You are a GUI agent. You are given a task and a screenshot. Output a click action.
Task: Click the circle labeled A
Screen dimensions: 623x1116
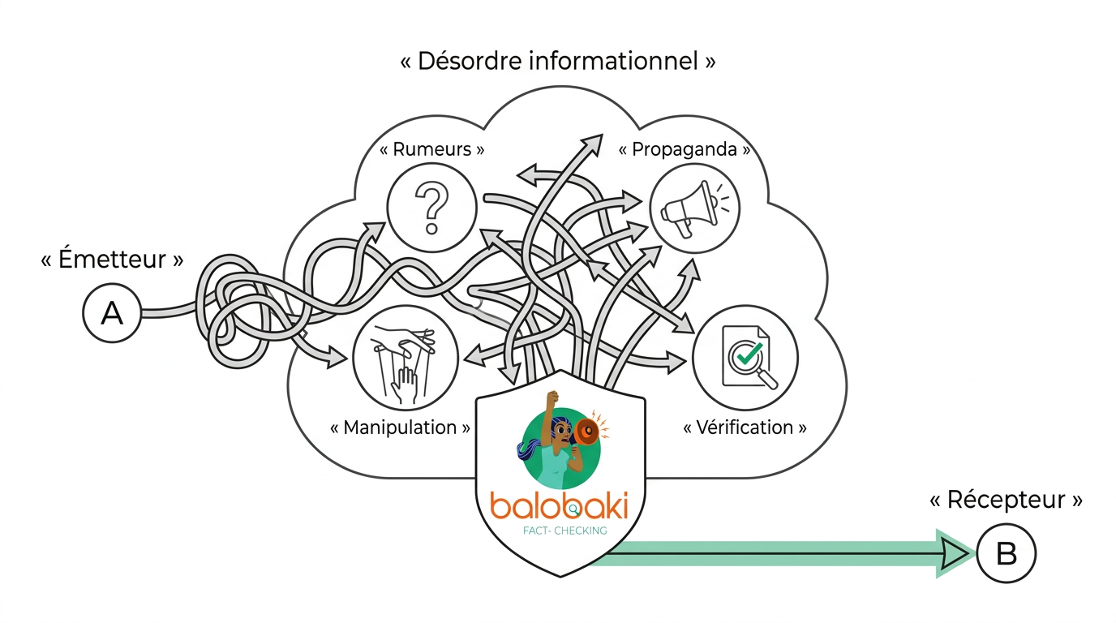click(x=112, y=313)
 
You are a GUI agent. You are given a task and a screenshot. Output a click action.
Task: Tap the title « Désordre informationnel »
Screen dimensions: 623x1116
click(x=558, y=62)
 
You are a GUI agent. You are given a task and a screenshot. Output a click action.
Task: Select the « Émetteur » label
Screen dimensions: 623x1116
click(x=112, y=260)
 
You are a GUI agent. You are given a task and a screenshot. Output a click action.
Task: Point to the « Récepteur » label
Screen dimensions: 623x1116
click(x=1006, y=500)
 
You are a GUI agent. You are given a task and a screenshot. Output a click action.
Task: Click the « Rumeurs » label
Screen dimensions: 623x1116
click(x=432, y=149)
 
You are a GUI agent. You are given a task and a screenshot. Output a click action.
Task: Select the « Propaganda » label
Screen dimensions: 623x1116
click(x=684, y=149)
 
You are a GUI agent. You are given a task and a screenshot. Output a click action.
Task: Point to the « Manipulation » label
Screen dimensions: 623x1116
click(x=400, y=428)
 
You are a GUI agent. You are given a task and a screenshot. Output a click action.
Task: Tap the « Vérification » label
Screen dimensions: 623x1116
click(x=745, y=428)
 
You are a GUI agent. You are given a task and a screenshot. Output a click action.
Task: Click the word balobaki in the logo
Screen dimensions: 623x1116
click(x=559, y=505)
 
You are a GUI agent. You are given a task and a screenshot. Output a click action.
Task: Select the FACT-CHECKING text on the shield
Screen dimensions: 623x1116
click(x=565, y=531)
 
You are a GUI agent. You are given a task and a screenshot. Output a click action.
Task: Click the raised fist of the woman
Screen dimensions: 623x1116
click(x=553, y=398)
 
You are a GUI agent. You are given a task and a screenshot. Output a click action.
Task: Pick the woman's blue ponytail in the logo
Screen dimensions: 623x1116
click(x=531, y=451)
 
